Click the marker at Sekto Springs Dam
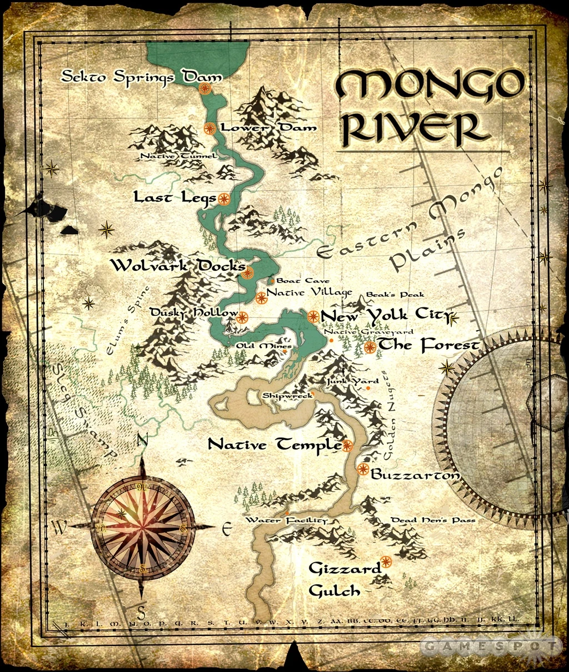point(205,88)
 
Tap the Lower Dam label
point(269,128)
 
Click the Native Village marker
point(261,297)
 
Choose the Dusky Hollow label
point(194,314)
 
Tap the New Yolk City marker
point(313,316)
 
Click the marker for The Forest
point(370,347)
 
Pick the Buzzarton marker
point(363,469)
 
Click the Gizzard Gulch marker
point(385,561)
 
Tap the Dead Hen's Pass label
point(433,521)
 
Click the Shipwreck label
point(287,396)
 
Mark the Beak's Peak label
point(395,295)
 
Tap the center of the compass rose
point(142,528)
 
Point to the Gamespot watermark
point(490,645)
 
